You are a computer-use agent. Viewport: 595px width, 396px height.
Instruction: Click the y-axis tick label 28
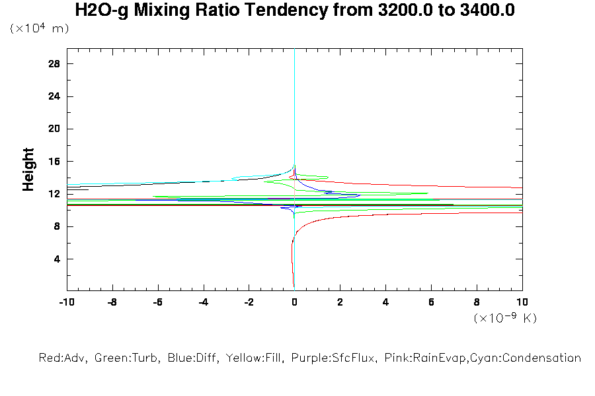54,64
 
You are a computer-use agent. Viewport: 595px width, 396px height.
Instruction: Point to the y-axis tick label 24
54,96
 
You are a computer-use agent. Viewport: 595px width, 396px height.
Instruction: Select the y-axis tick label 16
54,162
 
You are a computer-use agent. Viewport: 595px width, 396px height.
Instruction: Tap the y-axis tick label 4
57,259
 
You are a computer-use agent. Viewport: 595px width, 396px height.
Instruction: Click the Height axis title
28,170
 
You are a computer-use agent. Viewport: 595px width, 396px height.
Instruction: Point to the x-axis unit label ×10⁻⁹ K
505,318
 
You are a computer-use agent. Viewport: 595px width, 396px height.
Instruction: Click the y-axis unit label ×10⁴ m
40,28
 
